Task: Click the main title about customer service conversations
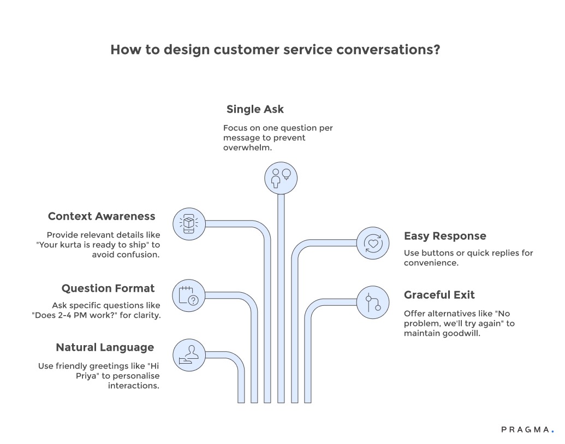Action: [x=276, y=50]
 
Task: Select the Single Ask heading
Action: [x=255, y=109]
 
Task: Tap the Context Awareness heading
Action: [x=102, y=216]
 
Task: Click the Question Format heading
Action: [x=108, y=288]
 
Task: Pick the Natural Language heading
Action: [x=105, y=347]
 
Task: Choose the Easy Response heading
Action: [x=445, y=236]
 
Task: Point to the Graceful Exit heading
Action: [x=439, y=295]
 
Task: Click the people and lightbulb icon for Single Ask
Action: [x=281, y=177]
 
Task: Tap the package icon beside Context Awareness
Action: [x=188, y=223]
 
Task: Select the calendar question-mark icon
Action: [x=188, y=296]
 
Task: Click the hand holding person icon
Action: [x=188, y=355]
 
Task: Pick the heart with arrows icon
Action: [x=373, y=242]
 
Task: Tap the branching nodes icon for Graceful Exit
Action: [x=373, y=302]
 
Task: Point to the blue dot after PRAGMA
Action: [x=552, y=431]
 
